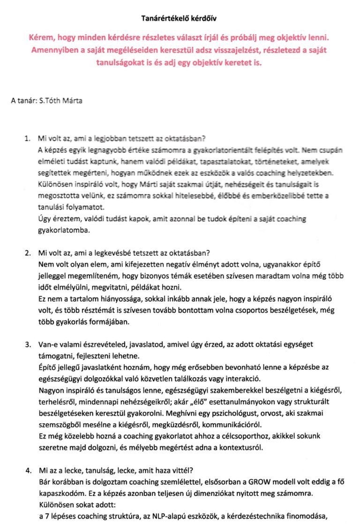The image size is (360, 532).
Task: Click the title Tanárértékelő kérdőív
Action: pyautogui.click(x=180, y=18)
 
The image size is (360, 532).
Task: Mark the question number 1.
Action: pyautogui.click(x=27, y=138)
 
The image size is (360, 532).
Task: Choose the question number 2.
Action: pyautogui.click(x=27, y=254)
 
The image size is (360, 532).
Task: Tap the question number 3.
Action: pyautogui.click(x=27, y=345)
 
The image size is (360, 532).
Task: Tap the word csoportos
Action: pyautogui.click(x=244, y=310)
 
